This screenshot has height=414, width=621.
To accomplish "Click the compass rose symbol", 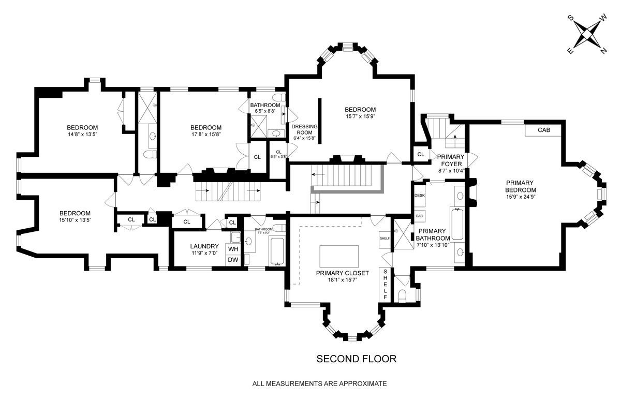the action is click(x=587, y=34).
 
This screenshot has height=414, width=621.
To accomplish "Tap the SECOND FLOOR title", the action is click(x=356, y=359).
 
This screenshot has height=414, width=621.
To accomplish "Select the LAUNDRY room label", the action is click(x=204, y=246).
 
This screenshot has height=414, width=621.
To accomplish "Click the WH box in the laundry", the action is click(x=233, y=248).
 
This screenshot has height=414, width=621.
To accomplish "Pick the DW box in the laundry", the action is click(x=233, y=260).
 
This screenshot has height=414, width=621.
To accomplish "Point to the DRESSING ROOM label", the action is click(x=304, y=132).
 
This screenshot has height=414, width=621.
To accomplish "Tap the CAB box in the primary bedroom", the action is click(x=543, y=130).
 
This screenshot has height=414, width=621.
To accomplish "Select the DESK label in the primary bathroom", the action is click(x=419, y=196).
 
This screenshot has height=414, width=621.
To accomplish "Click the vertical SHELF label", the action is click(x=386, y=284).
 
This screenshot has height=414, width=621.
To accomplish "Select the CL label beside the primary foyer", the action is click(x=420, y=154).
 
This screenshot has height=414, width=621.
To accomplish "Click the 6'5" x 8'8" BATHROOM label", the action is click(x=265, y=108).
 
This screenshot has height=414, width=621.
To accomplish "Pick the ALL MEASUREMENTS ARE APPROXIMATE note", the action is click(x=319, y=384).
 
